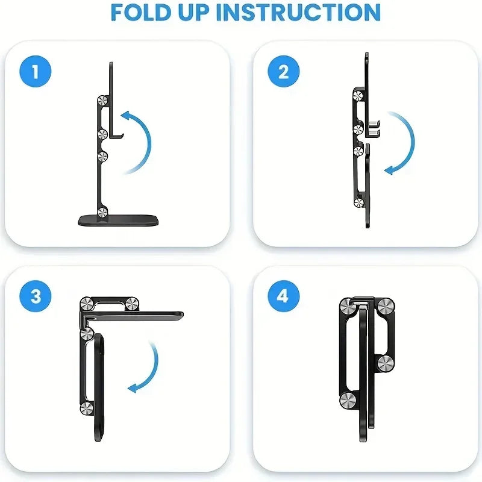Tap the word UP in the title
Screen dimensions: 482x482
[x=214, y=13]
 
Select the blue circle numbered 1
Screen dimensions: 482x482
[x=35, y=72]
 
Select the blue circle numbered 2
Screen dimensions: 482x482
[x=283, y=72]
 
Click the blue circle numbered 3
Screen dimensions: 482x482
[x=35, y=296]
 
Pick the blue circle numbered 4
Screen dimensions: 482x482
[x=283, y=296]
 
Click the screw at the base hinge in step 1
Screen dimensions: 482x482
[x=103, y=211]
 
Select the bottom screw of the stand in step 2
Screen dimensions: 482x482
[x=359, y=203]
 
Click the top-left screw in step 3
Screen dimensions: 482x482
[x=86, y=302]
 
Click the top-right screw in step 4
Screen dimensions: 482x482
[x=385, y=305]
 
